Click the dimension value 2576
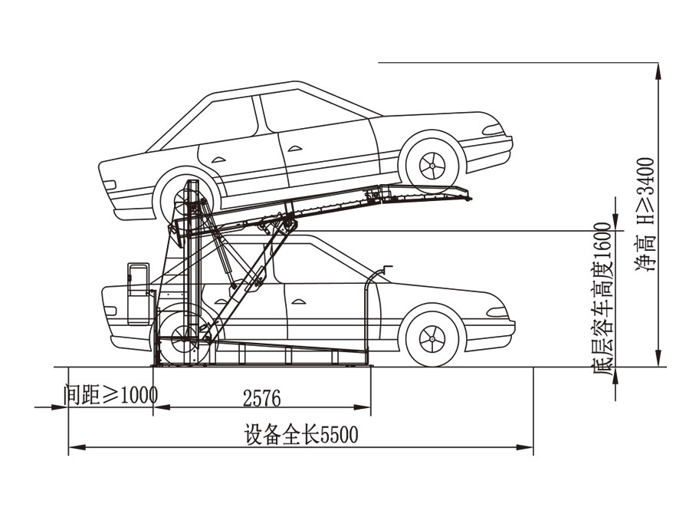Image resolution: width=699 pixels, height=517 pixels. [261, 398]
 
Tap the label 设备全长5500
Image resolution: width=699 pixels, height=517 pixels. [301, 436]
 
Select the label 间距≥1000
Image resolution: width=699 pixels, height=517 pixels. [110, 395]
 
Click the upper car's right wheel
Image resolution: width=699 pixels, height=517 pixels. [432, 163]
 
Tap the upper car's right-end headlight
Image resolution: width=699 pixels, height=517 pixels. [494, 129]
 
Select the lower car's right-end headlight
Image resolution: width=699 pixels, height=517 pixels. [497, 312]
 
